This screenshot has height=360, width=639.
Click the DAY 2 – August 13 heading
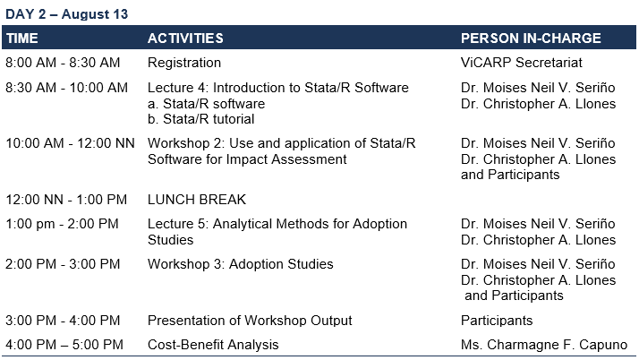pyautogui.click(x=66, y=14)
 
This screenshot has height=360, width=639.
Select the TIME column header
pyautogui.click(x=22, y=39)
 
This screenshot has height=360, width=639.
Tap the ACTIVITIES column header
pyautogui.click(x=185, y=39)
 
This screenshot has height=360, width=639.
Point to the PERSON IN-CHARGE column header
pyautogui.click(x=531, y=39)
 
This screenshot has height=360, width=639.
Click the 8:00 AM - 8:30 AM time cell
pyautogui.click(x=63, y=63)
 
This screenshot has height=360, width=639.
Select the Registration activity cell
pyautogui.click(x=184, y=63)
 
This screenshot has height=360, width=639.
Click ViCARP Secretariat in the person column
pyautogui.click(x=521, y=63)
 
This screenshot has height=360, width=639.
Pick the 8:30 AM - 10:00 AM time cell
pyautogui.click(x=66, y=88)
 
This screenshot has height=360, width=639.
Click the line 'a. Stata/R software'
pyautogui.click(x=206, y=104)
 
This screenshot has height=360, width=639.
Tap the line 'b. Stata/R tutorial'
pyautogui.click(x=200, y=119)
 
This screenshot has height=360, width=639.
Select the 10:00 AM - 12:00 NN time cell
pyautogui.click(x=70, y=143)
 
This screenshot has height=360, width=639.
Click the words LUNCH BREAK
pyautogui.click(x=197, y=200)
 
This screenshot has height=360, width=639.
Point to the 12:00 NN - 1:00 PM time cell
pyautogui.click(x=66, y=200)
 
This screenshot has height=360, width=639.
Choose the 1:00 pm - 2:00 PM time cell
pyautogui.click(x=62, y=224)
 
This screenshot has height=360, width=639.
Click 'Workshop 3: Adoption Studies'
pyautogui.click(x=241, y=264)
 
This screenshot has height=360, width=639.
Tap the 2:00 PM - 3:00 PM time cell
pyautogui.click(x=63, y=264)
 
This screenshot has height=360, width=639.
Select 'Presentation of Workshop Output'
pyautogui.click(x=250, y=321)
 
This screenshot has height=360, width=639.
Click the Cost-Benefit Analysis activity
pyautogui.click(x=213, y=345)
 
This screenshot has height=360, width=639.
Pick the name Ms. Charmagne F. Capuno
pyautogui.click(x=544, y=345)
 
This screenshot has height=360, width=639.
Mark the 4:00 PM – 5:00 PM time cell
pyautogui.click(x=64, y=345)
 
